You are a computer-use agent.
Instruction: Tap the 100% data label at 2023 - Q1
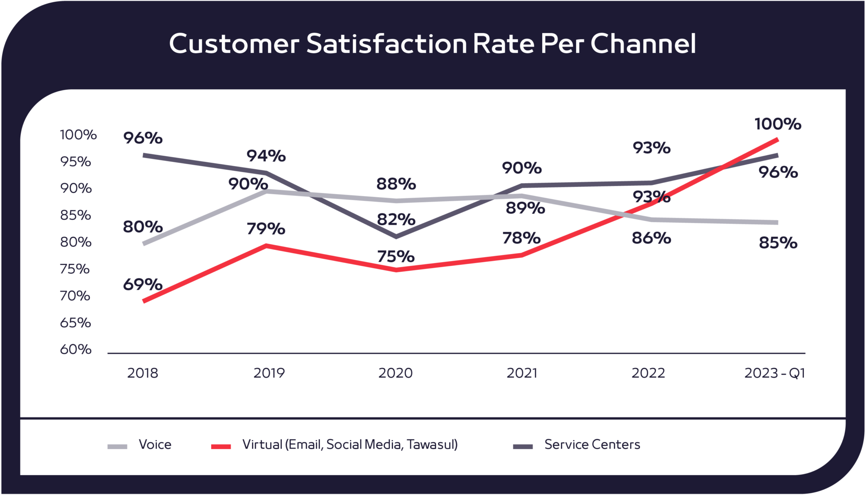click(x=778, y=124)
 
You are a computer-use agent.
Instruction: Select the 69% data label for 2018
click(x=143, y=285)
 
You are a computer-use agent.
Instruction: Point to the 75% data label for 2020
click(x=396, y=257)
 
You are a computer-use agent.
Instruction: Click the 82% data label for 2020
click(x=396, y=220)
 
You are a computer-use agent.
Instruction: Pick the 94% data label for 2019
click(x=266, y=156)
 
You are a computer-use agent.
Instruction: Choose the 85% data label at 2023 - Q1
click(x=778, y=243)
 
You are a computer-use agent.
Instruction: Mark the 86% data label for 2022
click(x=651, y=238)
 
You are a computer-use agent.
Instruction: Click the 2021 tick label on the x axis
click(x=521, y=373)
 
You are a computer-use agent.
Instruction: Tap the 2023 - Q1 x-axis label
click(x=774, y=373)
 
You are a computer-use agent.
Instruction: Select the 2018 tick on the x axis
click(x=143, y=373)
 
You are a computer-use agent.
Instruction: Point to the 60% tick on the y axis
click(x=76, y=349)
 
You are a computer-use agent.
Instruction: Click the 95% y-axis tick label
click(x=76, y=162)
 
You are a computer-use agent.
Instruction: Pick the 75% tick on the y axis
click(x=75, y=269)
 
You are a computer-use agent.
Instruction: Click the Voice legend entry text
click(x=155, y=444)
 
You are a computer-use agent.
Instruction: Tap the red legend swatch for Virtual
click(x=221, y=447)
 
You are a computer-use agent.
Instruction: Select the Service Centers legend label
click(x=592, y=444)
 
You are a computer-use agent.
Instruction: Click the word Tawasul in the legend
click(x=432, y=444)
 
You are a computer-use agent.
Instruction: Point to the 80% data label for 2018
click(x=143, y=227)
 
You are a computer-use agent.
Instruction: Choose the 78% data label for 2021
click(x=521, y=238)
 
